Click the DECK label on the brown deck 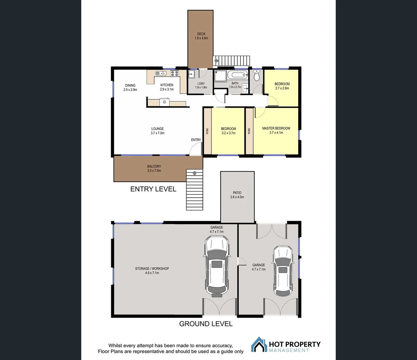click(201, 34)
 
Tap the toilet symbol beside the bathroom click(256, 77)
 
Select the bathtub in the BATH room click(238, 75)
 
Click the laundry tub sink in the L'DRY click(192, 74)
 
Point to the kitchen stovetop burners click(174, 73)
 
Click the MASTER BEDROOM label click(276, 128)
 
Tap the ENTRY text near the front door click(196, 140)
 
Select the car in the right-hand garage click(283, 271)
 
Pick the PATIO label click(237, 193)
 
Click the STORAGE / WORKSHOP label click(152, 269)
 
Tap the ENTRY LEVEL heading click(153, 189)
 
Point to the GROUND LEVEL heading click(206, 324)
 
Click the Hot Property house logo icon click(259, 345)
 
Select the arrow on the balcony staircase click(195, 173)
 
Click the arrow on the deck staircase click(216, 61)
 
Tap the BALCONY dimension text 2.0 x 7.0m click(154, 171)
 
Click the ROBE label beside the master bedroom click(249, 131)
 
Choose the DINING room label click(130, 85)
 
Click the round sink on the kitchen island click(164, 102)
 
